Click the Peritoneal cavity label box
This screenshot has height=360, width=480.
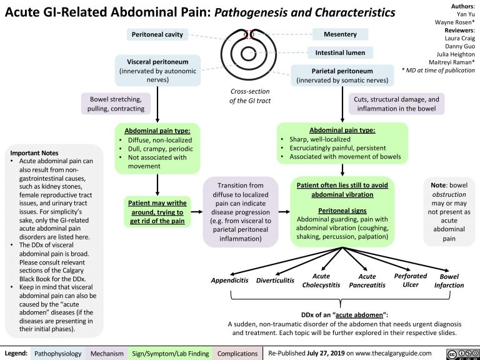point(156,34)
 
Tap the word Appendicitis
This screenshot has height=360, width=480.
point(229,281)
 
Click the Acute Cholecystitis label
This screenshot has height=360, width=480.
point(321,281)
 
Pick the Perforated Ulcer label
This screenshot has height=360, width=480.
point(411,280)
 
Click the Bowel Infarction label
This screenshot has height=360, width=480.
point(449,281)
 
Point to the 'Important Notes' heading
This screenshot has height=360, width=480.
point(34,152)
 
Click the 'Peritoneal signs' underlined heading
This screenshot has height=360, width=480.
point(342,210)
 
